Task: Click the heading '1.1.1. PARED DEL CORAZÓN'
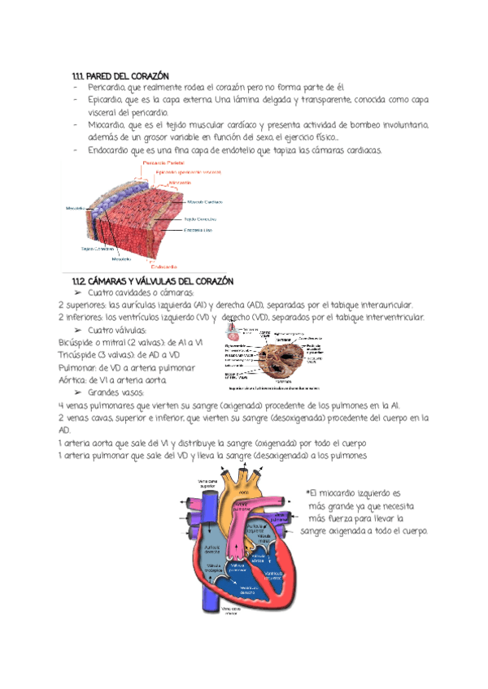(x=121, y=76)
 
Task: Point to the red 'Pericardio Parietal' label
(x=165, y=163)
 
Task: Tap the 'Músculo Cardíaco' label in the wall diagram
(x=207, y=202)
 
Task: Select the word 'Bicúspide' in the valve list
(x=75, y=344)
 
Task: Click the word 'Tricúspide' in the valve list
(x=76, y=356)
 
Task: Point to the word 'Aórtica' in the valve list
(x=75, y=380)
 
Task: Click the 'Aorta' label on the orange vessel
(x=245, y=493)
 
